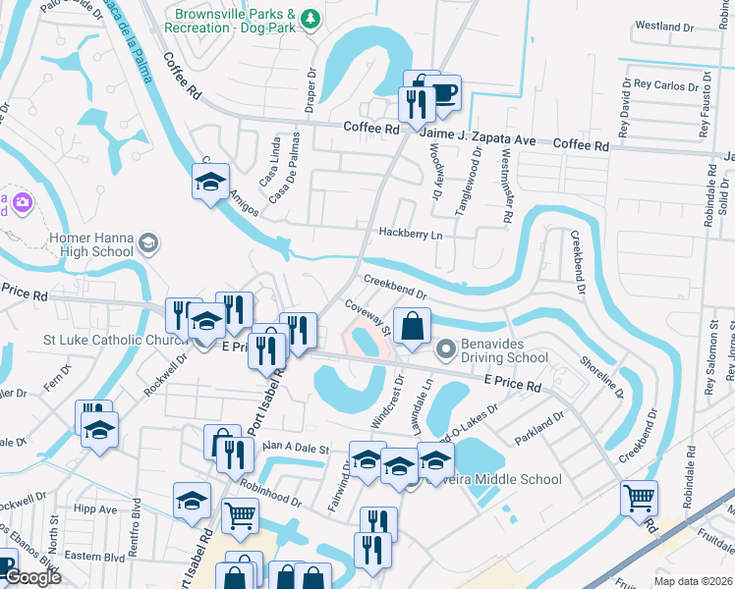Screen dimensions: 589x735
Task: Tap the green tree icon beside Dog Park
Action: pyautogui.click(x=311, y=18)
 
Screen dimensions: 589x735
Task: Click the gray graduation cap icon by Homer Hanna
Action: pyautogui.click(x=148, y=242)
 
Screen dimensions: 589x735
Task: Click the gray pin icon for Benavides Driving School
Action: pyautogui.click(x=445, y=348)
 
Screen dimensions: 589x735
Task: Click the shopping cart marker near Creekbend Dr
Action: pyautogui.click(x=640, y=498)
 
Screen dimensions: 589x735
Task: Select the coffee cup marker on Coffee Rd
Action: pyautogui.click(x=443, y=94)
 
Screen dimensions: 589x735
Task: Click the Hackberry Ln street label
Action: pyautogui.click(x=411, y=235)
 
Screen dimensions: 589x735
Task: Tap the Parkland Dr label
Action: pyautogui.click(x=538, y=428)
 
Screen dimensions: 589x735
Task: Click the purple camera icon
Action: pyautogui.click(x=22, y=202)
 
